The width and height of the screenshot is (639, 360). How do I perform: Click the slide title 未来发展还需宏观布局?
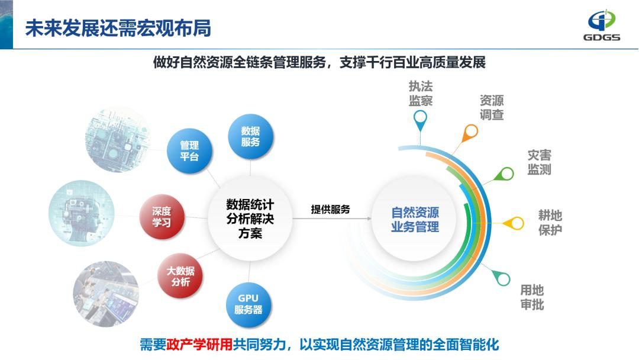coord(118,28)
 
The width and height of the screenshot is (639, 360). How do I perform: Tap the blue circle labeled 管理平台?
coord(189,151)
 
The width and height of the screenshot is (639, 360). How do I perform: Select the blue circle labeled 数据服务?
coord(251,136)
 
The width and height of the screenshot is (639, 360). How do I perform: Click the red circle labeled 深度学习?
coord(162,217)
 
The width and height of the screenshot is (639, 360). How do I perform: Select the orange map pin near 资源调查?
coord(471,131)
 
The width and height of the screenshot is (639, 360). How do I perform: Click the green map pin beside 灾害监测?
coord(506,174)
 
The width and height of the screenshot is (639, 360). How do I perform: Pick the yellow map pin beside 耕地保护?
coord(516,223)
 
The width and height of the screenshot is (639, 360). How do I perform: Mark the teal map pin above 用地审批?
coord(503,278)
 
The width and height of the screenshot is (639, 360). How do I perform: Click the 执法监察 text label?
coord(421,94)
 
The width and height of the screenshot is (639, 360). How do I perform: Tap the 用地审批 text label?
coord(532,297)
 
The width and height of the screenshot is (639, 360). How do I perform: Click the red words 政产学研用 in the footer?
coord(199,345)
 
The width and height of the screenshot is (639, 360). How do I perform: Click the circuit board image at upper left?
coord(118,141)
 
